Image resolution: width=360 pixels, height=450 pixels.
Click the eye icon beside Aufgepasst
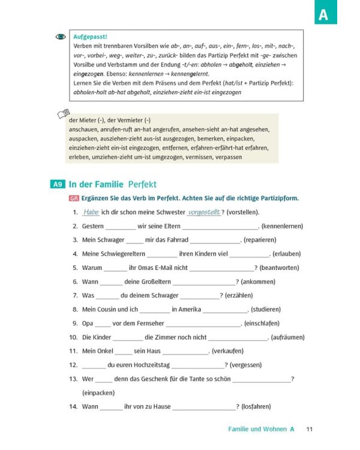pyautogui.click(x=61, y=37)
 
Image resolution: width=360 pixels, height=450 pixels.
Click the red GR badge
pyautogui.click(x=74, y=199)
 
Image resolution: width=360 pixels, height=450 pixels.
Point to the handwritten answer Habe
pyautogui.click(x=91, y=212)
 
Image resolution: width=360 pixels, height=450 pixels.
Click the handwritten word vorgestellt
pyautogui.click(x=204, y=212)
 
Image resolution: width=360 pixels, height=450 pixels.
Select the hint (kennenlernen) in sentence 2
pyautogui.click(x=283, y=226)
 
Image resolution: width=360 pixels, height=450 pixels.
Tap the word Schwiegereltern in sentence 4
pyautogui.click(x=113, y=254)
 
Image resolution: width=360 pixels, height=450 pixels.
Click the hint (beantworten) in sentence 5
pyautogui.click(x=280, y=268)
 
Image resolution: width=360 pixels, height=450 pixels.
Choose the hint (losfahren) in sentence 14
pyautogui.click(x=258, y=406)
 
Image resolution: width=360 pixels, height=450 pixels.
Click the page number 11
pyautogui.click(x=310, y=429)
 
